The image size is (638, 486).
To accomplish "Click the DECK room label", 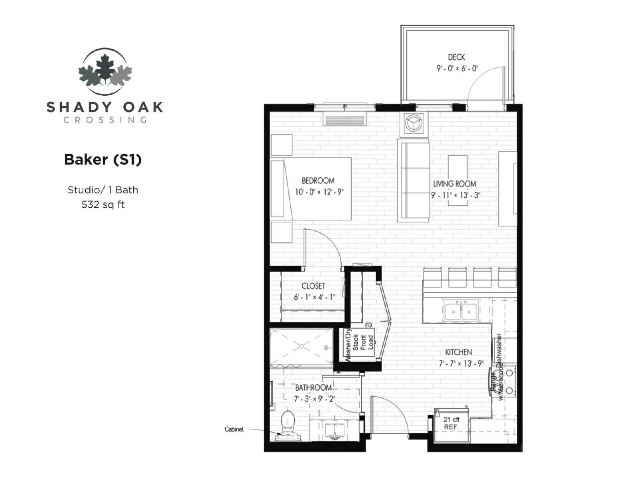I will [x=456, y=57].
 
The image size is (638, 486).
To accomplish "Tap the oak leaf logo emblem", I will [x=105, y=71].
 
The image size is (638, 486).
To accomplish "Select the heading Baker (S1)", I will [x=103, y=159].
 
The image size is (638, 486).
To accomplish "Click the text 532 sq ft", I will [x=103, y=205].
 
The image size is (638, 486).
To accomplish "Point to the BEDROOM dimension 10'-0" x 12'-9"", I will [x=319, y=192].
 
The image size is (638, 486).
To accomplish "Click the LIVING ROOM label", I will [x=455, y=184].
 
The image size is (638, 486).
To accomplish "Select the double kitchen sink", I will [x=461, y=311].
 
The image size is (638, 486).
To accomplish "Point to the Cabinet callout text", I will [x=234, y=429].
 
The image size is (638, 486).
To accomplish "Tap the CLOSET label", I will [x=313, y=286].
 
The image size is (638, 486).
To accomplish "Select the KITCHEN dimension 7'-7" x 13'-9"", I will [x=461, y=364].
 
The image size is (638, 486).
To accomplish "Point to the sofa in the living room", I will [x=414, y=180].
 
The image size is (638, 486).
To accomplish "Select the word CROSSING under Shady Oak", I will [x=105, y=120].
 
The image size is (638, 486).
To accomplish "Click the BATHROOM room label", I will [x=313, y=388].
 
